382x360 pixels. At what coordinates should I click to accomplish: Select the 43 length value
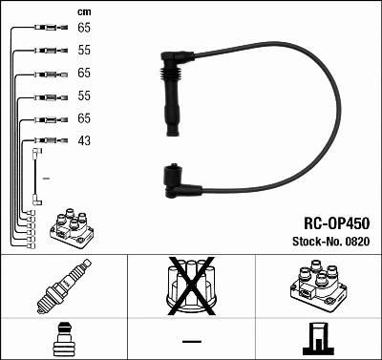(84, 140)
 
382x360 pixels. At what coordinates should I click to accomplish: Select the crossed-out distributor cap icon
(190, 286)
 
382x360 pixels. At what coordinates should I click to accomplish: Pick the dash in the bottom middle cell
(190, 341)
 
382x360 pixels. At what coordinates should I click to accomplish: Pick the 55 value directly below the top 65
(84, 52)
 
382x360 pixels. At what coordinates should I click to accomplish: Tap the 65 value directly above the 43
(84, 119)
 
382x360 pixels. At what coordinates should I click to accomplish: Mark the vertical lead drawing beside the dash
(36, 177)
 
